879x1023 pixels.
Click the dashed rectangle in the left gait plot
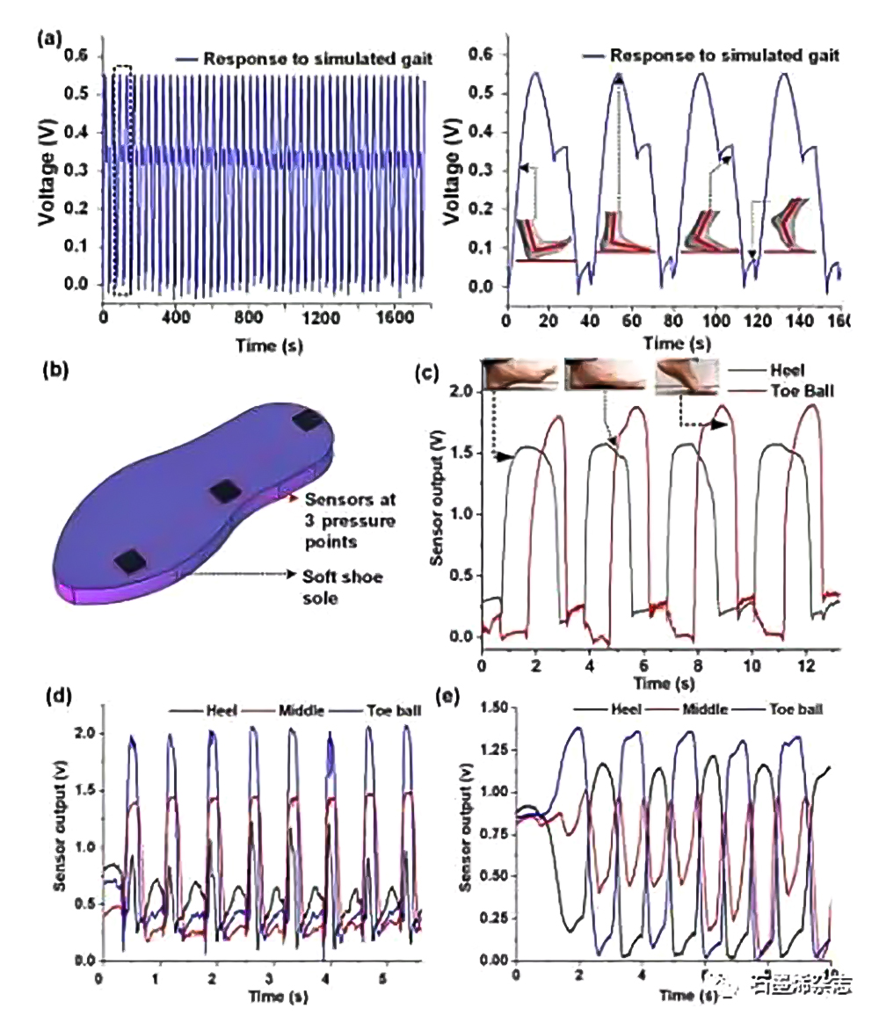(x=122, y=180)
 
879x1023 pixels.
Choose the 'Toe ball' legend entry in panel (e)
(x=796, y=706)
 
